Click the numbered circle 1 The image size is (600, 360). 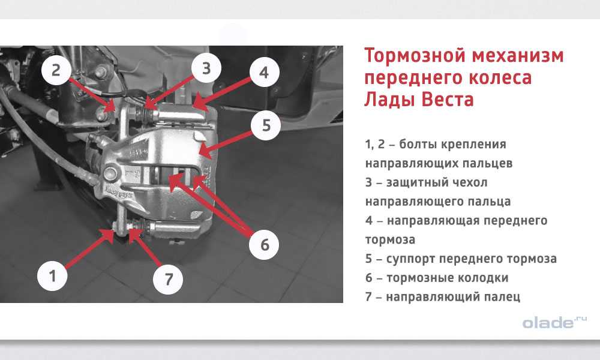[52, 275]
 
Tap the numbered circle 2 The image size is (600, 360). [56, 70]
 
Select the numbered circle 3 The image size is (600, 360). [206, 68]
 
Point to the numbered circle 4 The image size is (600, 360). [264, 73]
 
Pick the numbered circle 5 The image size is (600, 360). [266, 125]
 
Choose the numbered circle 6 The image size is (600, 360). [265, 245]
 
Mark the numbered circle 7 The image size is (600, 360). [168, 279]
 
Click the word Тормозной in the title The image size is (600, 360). [415, 55]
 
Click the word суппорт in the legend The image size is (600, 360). [410, 259]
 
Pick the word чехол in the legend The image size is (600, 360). [470, 182]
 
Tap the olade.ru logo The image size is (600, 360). [554, 322]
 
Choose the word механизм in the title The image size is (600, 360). [518, 55]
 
